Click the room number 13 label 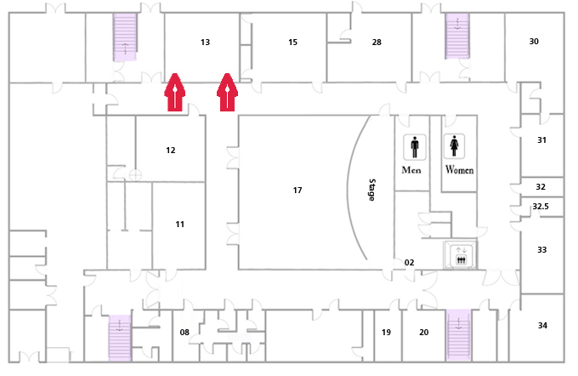(206, 42)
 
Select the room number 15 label (292, 42)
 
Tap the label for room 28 (377, 42)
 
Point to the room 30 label (534, 42)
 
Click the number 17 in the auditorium (297, 190)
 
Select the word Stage (372, 190)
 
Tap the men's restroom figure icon (415, 147)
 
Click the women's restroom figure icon (454, 146)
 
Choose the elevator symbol (461, 255)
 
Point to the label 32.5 (541, 206)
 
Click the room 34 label (542, 326)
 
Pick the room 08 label (184, 332)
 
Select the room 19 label (386, 332)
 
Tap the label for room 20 (424, 332)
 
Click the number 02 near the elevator (409, 262)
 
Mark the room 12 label (170, 151)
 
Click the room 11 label (179, 224)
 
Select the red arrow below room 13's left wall (175, 92)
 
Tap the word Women (459, 169)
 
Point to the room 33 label (541, 250)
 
